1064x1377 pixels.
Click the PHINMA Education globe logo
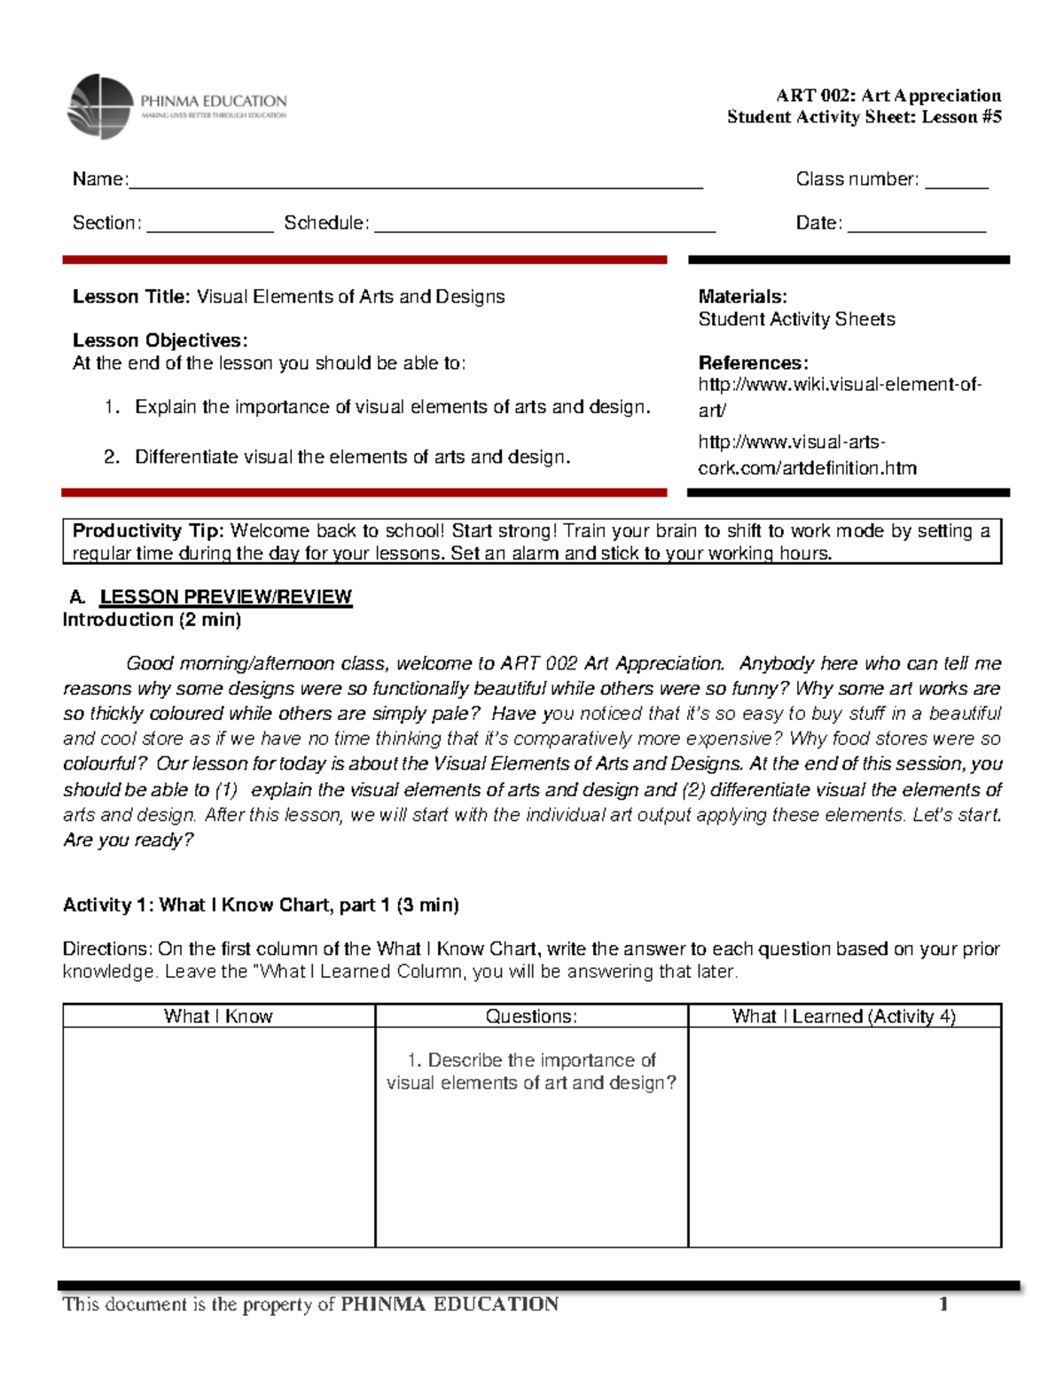click(x=100, y=107)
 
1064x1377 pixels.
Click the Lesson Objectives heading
click(x=160, y=340)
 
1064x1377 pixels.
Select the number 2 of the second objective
click(x=111, y=458)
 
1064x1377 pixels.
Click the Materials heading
click(x=742, y=297)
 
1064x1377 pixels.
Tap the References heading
click(x=753, y=363)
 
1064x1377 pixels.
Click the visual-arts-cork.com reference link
click(x=806, y=455)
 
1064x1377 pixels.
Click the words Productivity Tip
click(x=148, y=531)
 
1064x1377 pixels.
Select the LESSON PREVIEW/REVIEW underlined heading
click(x=225, y=597)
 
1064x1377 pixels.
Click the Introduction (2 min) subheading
click(x=152, y=620)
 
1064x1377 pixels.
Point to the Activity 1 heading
click(x=261, y=905)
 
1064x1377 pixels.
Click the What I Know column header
click(x=218, y=1016)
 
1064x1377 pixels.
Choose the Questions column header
click(x=531, y=1016)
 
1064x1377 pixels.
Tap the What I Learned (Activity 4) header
click(x=843, y=1016)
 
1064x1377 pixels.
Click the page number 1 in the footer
click(x=944, y=1303)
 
